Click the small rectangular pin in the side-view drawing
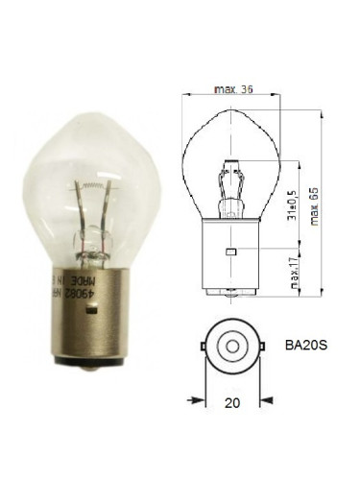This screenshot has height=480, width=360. tap(229, 252)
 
